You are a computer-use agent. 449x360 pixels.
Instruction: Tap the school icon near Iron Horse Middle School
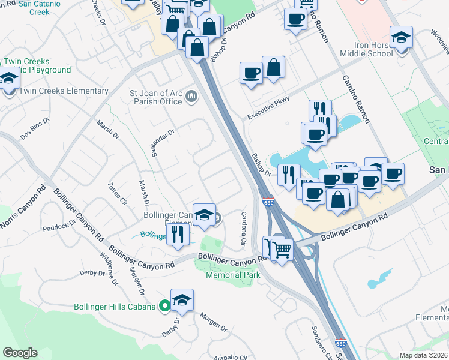(x=401, y=37)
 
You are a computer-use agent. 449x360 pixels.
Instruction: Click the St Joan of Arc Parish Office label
(x=156, y=97)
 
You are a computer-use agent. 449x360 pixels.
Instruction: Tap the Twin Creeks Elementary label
(x=64, y=91)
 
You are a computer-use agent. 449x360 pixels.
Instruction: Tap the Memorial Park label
(x=233, y=275)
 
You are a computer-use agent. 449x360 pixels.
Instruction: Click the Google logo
(x=20, y=353)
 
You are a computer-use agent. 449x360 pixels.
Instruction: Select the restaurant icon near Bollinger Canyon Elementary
(x=178, y=233)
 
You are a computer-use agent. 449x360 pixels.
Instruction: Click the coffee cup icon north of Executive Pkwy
(x=251, y=73)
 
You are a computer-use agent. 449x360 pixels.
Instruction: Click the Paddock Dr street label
(x=59, y=227)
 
